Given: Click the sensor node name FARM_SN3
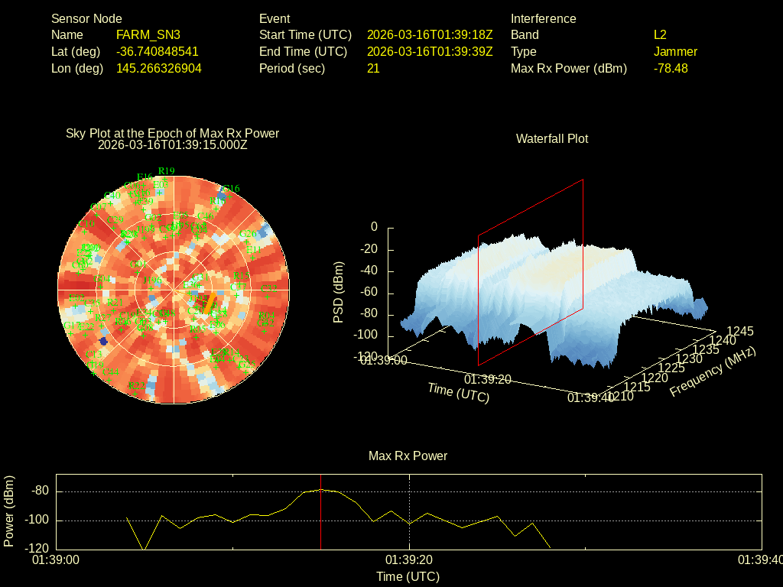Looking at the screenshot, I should (148, 34).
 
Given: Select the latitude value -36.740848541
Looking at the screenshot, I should (158, 51).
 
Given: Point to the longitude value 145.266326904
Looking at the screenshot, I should (159, 68).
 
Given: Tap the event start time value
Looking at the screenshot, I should (430, 34).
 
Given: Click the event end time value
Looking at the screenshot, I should (430, 51).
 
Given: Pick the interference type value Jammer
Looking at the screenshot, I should (675, 51).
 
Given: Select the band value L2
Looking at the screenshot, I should (660, 34).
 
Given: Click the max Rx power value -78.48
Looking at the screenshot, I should (671, 68).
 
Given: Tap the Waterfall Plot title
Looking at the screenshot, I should (552, 138).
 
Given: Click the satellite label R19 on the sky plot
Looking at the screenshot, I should (166, 170).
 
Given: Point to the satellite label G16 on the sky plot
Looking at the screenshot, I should (231, 189).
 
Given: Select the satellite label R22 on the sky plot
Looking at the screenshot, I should (137, 385).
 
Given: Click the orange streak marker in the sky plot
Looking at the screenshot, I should (206, 303).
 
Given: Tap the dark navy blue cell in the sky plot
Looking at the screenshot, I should (103, 341).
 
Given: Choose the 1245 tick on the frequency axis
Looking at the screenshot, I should (740, 331).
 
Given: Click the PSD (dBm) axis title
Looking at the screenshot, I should (339, 292).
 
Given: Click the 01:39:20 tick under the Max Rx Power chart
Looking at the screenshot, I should (410, 560).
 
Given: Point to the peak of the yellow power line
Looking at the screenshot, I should (321, 489).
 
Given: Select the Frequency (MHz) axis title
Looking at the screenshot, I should (713, 371).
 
